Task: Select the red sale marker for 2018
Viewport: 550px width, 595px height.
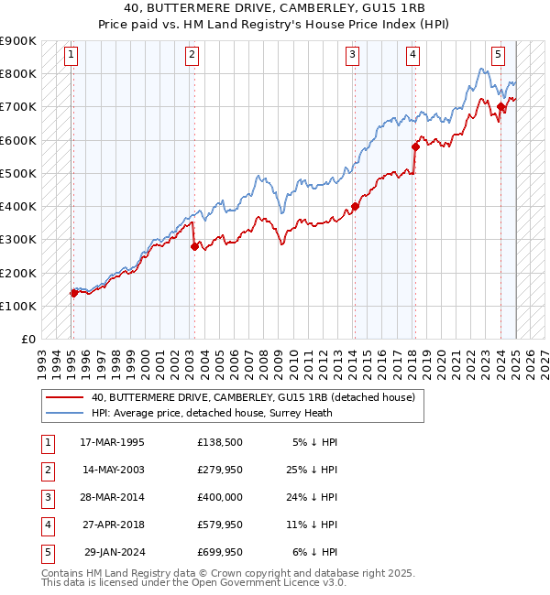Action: [415, 146]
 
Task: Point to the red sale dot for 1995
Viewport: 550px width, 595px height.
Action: [73, 293]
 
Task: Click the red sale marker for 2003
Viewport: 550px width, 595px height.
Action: [194, 246]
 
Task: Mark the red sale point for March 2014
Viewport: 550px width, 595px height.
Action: [355, 206]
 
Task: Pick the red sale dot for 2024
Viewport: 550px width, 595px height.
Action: [500, 107]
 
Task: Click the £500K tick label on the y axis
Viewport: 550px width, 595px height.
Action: [18, 173]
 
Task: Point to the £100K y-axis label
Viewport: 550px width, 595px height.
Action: [18, 306]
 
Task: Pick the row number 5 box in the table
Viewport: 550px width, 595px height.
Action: [47, 552]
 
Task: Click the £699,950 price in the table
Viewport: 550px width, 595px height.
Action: [220, 552]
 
